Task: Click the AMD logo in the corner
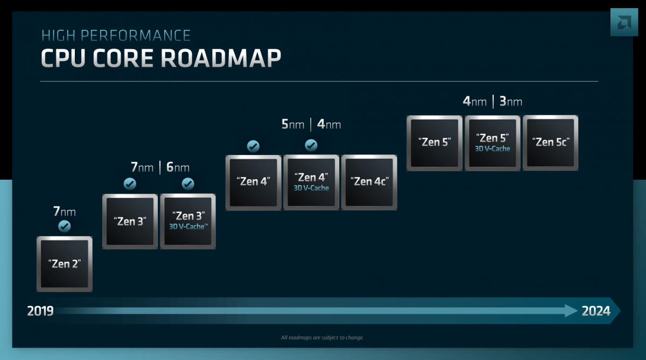624,22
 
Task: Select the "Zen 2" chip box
65,264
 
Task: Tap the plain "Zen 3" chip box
130,221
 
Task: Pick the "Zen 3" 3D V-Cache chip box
188,221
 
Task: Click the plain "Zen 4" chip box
253,182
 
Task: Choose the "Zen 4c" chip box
369,182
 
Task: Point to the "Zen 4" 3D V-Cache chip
311,182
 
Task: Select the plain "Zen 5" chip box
434,143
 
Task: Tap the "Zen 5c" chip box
551,143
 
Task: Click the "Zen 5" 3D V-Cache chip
493,143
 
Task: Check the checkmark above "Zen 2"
65,226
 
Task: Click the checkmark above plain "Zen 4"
253,146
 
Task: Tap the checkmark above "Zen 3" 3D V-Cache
188,184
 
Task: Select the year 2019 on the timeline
40,311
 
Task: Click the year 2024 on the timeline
596,311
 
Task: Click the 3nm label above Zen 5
510,102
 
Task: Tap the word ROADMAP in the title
221,59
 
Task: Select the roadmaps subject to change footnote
322,338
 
